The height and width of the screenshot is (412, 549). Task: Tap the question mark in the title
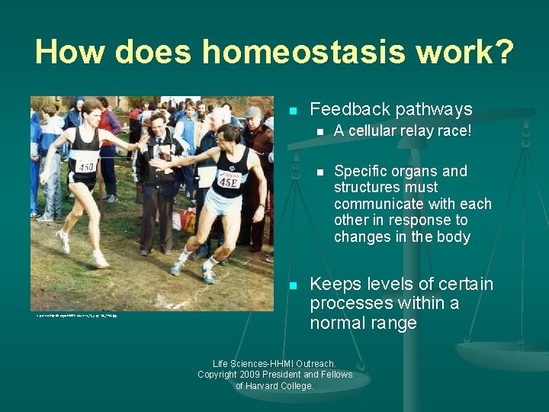(x=504, y=52)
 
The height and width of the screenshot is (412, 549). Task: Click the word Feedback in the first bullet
(x=345, y=109)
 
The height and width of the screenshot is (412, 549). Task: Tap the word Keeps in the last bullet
(x=333, y=285)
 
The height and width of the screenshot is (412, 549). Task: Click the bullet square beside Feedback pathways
(x=292, y=111)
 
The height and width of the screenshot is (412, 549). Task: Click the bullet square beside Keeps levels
(x=292, y=285)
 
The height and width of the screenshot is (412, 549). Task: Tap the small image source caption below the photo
(x=76, y=314)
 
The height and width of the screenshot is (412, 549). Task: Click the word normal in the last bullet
(x=341, y=323)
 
